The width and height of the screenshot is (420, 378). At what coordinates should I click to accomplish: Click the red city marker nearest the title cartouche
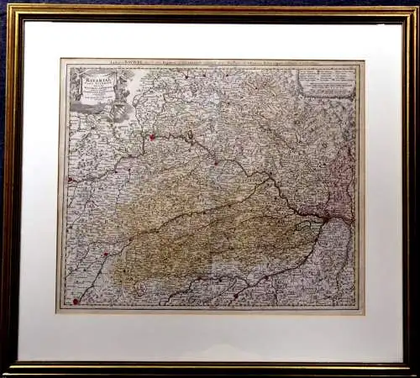tap(152, 137)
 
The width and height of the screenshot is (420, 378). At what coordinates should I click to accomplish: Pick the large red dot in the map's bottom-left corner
tap(76, 300)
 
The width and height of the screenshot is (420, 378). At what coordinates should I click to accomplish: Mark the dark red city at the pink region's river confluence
tap(325, 218)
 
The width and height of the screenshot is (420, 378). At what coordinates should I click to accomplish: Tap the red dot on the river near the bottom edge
tap(236, 296)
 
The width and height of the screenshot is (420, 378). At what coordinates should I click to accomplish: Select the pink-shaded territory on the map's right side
tap(340, 181)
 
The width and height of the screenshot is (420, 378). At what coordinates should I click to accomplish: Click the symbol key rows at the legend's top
tap(327, 73)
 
